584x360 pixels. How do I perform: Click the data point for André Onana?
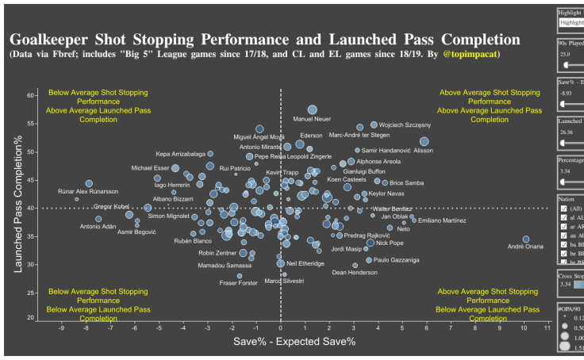[x=525, y=239]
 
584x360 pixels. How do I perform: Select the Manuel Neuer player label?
[x=312, y=120]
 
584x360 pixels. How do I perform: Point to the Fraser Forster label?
[x=238, y=283]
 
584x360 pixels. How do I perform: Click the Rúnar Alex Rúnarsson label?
[x=88, y=191]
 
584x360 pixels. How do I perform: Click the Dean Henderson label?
[x=355, y=273]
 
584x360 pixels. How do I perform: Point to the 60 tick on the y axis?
[x=31, y=95]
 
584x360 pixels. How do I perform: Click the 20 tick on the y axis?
[x=31, y=318]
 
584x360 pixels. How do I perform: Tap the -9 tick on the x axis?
[x=61, y=327]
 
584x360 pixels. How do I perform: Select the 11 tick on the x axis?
[x=547, y=327]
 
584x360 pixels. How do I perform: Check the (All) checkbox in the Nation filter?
[x=563, y=208]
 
